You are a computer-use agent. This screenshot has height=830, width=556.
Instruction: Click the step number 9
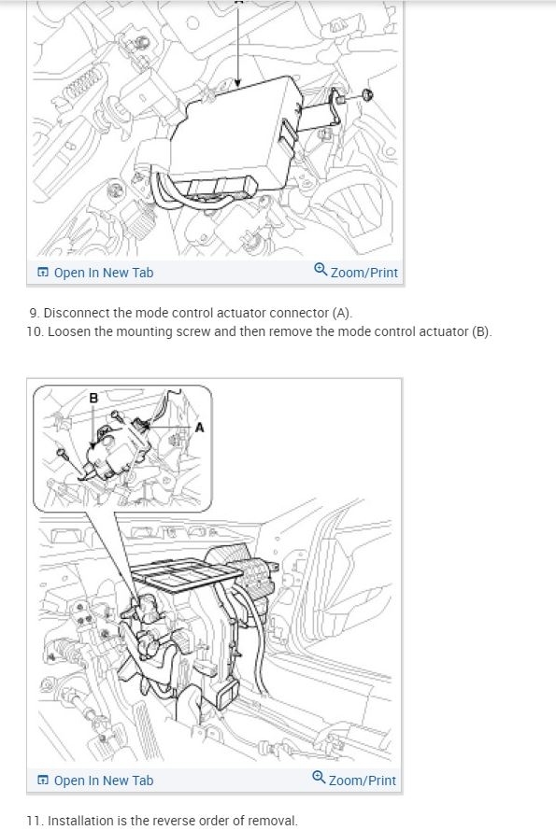tap(34, 313)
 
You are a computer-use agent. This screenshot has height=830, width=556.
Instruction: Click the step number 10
tap(36, 331)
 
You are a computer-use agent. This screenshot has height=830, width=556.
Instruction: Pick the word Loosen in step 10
tap(71, 331)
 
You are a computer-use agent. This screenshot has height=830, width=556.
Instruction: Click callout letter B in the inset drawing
tap(93, 399)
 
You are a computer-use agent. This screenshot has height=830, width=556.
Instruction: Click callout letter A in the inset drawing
tap(198, 428)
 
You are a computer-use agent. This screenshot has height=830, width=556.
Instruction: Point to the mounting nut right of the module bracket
tap(366, 94)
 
